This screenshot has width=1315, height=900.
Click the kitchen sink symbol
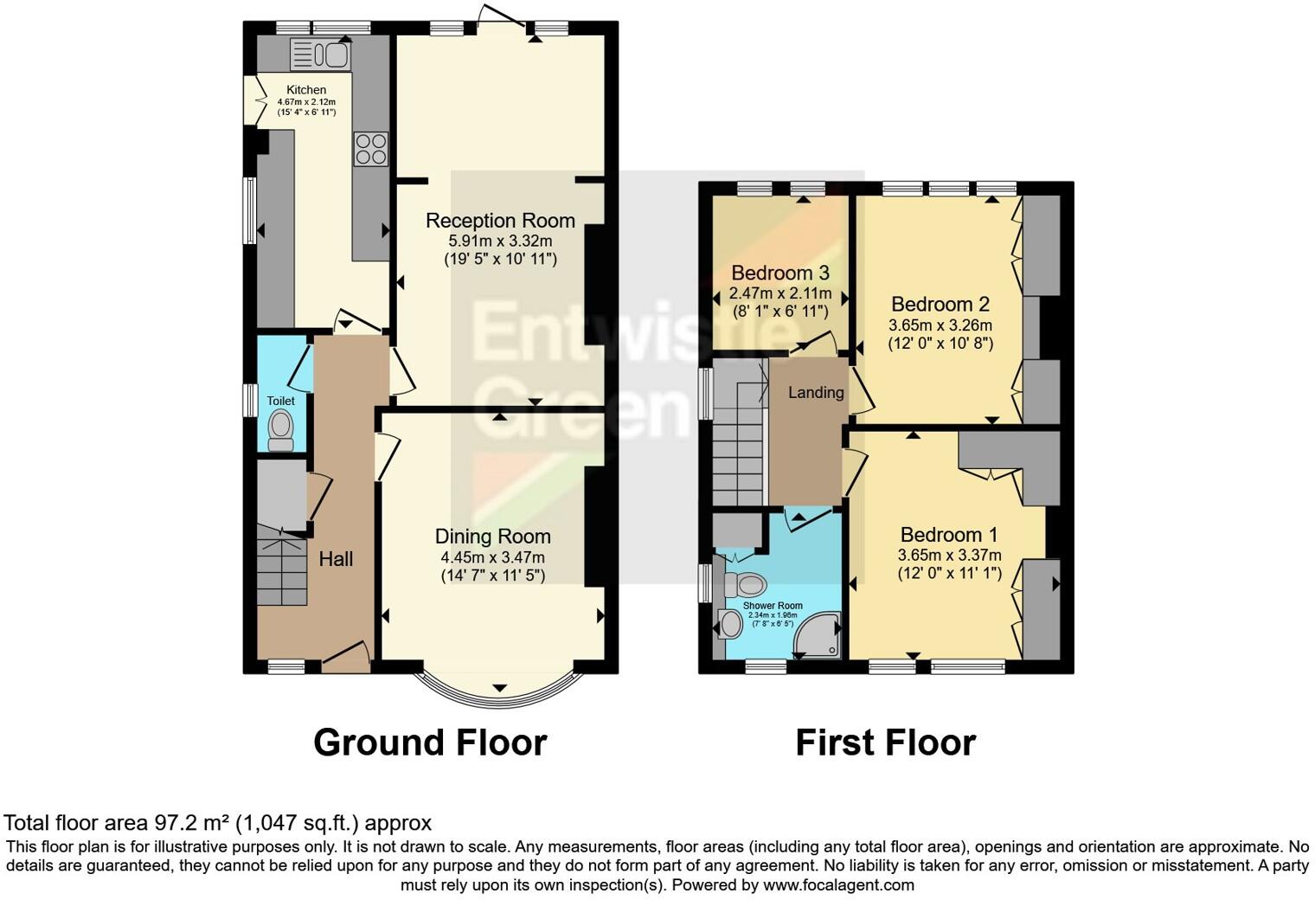[321, 55]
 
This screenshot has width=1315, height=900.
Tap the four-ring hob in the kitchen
[370, 148]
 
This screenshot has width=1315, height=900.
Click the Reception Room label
[500, 221]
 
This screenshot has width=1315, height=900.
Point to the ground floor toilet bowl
[280, 427]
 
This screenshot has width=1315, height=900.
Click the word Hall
[336, 559]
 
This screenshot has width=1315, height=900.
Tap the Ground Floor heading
[429, 742]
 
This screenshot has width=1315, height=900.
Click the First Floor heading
[885, 742]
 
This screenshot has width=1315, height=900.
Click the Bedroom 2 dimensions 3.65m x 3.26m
[940, 325]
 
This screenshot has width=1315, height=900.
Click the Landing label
[815, 393]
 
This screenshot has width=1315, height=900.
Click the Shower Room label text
[773, 606]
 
